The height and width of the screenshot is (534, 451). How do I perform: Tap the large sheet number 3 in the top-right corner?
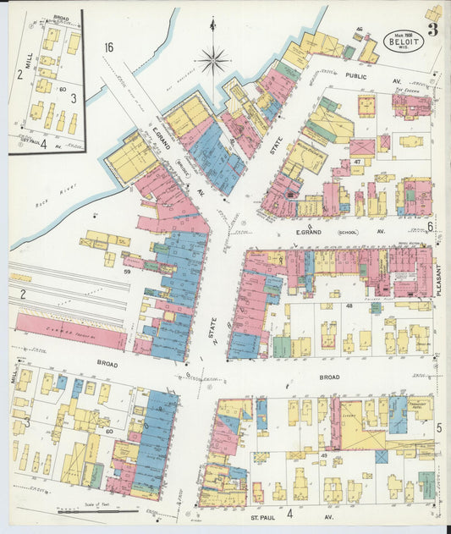tap(432, 31)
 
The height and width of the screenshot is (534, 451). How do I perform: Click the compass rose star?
tap(213, 60)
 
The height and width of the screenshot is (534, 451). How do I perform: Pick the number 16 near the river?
tap(108, 47)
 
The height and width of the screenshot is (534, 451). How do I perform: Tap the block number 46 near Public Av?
tap(359, 30)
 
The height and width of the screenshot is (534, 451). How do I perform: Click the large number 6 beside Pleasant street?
tap(430, 227)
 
